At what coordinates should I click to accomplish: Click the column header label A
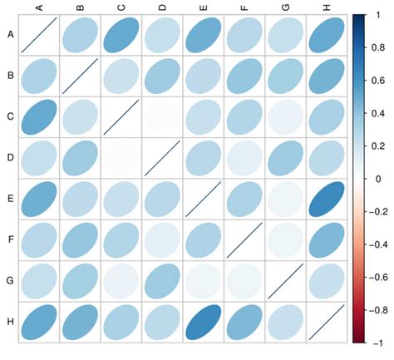(38, 7)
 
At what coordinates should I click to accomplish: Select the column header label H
(326, 7)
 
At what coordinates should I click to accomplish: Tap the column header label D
(161, 7)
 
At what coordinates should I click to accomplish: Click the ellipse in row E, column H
(326, 198)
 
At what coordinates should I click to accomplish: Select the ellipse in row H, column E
(203, 320)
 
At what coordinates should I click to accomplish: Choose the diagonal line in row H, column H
(326, 320)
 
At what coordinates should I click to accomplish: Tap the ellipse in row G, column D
(161, 279)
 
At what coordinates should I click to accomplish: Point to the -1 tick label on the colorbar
(377, 341)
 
